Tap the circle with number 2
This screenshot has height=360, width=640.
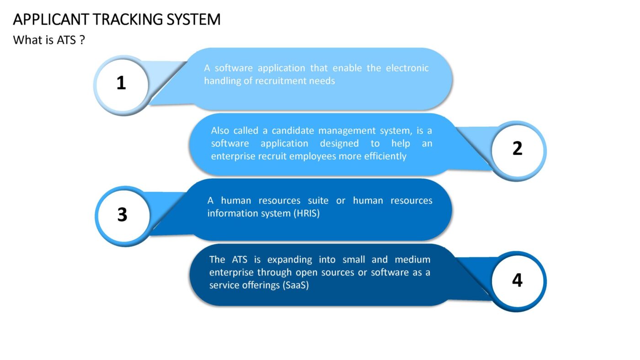517,151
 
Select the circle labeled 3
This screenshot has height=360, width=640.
123,216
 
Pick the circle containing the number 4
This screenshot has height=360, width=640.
517,281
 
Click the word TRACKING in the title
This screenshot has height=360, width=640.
128,19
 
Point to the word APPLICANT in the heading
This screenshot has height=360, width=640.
51,19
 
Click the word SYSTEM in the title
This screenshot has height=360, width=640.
194,19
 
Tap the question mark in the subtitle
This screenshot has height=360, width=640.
82,40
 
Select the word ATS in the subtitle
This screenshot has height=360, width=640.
66,40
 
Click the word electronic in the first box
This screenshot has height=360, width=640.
407,68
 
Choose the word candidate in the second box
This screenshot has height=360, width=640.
293,131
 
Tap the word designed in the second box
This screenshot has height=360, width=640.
339,143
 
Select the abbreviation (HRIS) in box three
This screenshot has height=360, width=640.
307,213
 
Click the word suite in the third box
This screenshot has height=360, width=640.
318,201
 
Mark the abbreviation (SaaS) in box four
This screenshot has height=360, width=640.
296,285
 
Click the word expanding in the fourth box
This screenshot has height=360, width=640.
290,259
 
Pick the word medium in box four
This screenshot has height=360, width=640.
412,259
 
